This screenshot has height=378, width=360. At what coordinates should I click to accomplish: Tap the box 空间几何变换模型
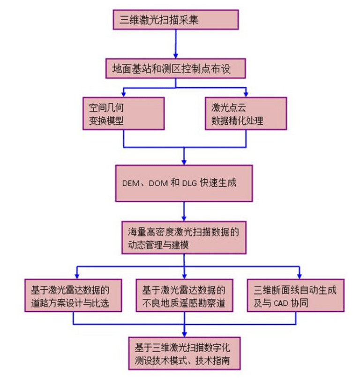123,113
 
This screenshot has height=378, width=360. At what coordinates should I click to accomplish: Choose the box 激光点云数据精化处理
246,113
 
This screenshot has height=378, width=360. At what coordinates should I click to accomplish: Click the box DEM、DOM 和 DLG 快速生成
184,182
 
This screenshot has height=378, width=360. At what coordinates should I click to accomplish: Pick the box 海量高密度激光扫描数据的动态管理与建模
184,238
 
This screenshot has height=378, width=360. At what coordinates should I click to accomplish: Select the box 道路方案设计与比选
73,295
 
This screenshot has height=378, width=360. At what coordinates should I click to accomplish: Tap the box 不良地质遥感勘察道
184,295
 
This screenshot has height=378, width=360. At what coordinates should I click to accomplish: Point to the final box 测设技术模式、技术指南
184,354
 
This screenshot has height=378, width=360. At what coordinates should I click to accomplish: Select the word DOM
158,183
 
